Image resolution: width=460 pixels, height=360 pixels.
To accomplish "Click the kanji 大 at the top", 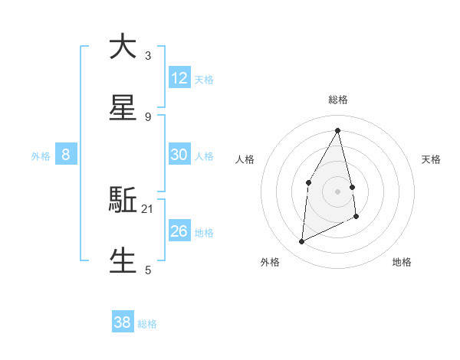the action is (123, 47).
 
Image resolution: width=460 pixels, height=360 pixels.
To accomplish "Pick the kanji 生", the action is (123, 260).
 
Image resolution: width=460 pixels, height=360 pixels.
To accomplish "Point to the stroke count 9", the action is (148, 116).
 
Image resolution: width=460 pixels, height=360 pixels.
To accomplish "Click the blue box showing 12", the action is (179, 78).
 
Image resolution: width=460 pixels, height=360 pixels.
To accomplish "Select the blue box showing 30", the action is (179, 155).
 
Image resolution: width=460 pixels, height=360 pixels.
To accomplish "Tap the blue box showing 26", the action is (179, 231).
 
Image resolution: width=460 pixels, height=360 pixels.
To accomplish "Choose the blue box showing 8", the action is (66, 155).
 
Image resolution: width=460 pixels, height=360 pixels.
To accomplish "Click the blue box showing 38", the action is (123, 322).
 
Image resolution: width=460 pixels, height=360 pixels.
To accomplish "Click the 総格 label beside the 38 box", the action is (147, 324).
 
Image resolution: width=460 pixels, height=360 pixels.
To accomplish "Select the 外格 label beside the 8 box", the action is (41, 156).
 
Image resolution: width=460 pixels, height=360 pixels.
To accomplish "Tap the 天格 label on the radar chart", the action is (431, 159).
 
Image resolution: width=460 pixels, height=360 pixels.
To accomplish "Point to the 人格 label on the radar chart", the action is (245, 159).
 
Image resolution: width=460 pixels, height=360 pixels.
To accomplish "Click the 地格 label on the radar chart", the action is (402, 262).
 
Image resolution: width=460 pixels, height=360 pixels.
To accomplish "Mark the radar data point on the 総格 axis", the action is (338, 130).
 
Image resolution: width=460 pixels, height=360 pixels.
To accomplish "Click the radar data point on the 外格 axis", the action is (302, 242).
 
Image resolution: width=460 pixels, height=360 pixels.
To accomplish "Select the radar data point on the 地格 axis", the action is (356, 217).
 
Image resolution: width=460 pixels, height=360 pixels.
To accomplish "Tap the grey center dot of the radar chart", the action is (338, 191).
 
